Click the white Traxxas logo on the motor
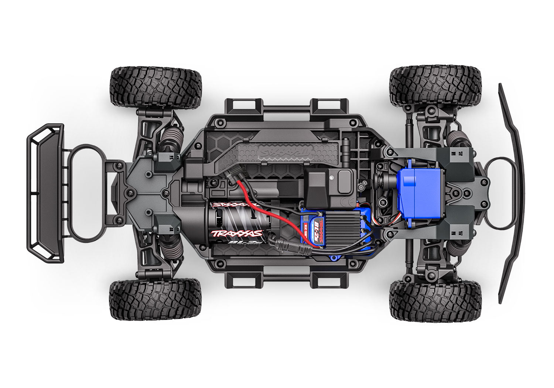tap(236, 234)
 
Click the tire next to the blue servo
tap(436, 86)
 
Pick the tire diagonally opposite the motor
tap(436, 86)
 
